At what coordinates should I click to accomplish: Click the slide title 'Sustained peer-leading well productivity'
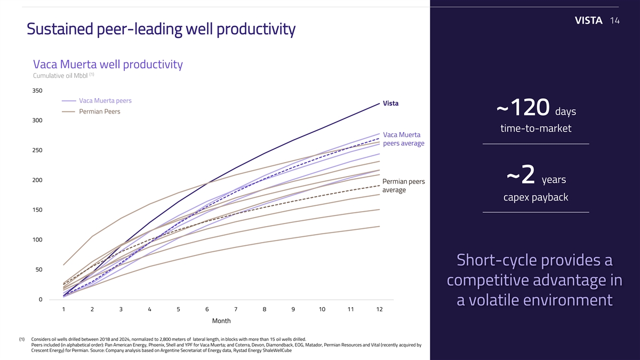161,29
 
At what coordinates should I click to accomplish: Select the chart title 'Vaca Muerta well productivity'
108,65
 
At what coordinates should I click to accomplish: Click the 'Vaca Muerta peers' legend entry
105,101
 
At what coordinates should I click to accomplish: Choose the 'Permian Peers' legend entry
99,111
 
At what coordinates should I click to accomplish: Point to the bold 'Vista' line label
390,103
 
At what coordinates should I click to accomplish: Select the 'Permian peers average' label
404,186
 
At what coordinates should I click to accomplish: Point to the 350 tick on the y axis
37,91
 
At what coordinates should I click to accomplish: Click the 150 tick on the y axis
37,210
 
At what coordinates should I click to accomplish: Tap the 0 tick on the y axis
40,299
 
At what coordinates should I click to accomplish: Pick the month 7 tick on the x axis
236,309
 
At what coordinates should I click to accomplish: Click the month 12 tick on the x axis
379,309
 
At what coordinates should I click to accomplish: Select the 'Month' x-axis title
221,321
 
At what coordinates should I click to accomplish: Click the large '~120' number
523,110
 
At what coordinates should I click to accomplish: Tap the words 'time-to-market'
535,129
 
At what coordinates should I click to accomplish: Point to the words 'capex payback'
535,198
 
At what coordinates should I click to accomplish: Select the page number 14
614,21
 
